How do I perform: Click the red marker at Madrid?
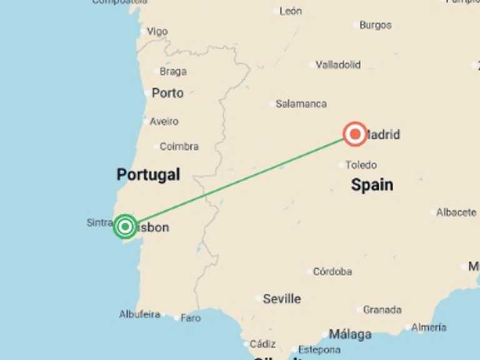click(355, 134)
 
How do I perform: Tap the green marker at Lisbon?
click(125, 226)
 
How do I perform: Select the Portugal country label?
click(148, 175)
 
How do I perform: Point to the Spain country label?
click(372, 184)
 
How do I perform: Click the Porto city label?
click(167, 93)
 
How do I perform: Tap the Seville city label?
click(281, 299)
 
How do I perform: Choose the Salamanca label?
click(301, 104)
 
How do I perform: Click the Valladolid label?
click(338, 64)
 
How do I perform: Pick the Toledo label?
click(361, 165)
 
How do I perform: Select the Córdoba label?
click(332, 272)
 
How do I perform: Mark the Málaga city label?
click(350, 334)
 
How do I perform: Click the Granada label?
click(382, 309)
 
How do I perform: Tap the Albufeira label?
click(139, 314)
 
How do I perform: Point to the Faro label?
click(191, 318)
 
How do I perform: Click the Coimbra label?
click(179, 146)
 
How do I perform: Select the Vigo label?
click(157, 31)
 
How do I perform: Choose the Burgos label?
click(375, 25)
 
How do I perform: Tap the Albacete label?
click(456, 212)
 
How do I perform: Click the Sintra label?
click(99, 222)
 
